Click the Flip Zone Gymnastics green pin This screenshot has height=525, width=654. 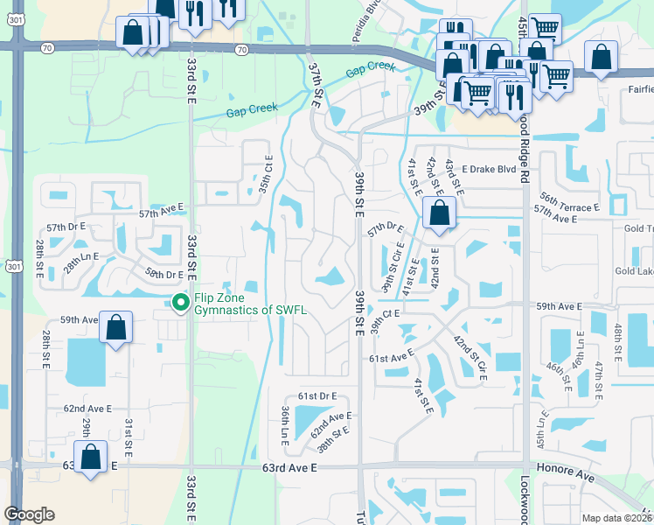pos(181,303)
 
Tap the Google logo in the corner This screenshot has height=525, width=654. pos(29,514)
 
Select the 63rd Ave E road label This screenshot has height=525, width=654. pos(289,469)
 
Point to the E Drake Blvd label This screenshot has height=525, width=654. pos(490,169)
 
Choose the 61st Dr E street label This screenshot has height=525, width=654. pos(317,396)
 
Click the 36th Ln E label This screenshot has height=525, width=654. pos(285,423)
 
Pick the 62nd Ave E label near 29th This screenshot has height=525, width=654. pos(87,409)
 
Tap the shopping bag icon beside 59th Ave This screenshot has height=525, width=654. pos(116,329)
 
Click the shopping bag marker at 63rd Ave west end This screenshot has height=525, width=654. pos(90,457)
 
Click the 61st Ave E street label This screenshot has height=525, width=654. pos(390,359)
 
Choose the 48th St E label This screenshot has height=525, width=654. pos(618,344)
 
